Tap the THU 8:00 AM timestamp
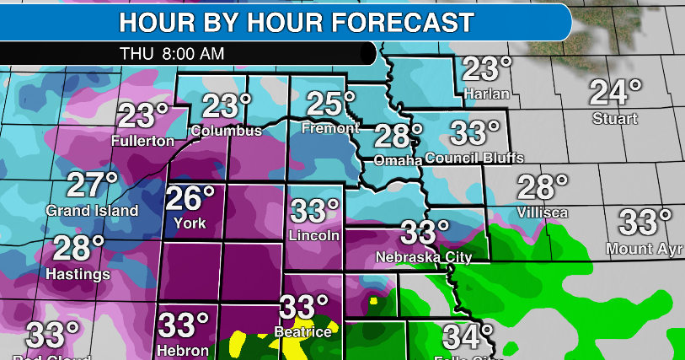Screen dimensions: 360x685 coord(172,52)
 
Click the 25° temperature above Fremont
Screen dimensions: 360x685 coord(331,105)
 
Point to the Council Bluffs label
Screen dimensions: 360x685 coord(474,158)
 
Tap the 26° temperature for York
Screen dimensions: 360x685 coord(190,200)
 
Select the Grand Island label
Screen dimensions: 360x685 coord(92,210)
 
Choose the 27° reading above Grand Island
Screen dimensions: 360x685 coord(93,185)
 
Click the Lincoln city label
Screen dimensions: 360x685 coord(314,235)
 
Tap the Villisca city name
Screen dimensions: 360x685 coord(543,212)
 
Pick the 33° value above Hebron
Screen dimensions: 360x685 coord(184,325)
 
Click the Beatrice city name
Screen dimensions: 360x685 coord(302,332)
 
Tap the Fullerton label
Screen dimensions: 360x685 coord(143,141)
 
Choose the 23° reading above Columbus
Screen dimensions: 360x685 coord(226,107)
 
